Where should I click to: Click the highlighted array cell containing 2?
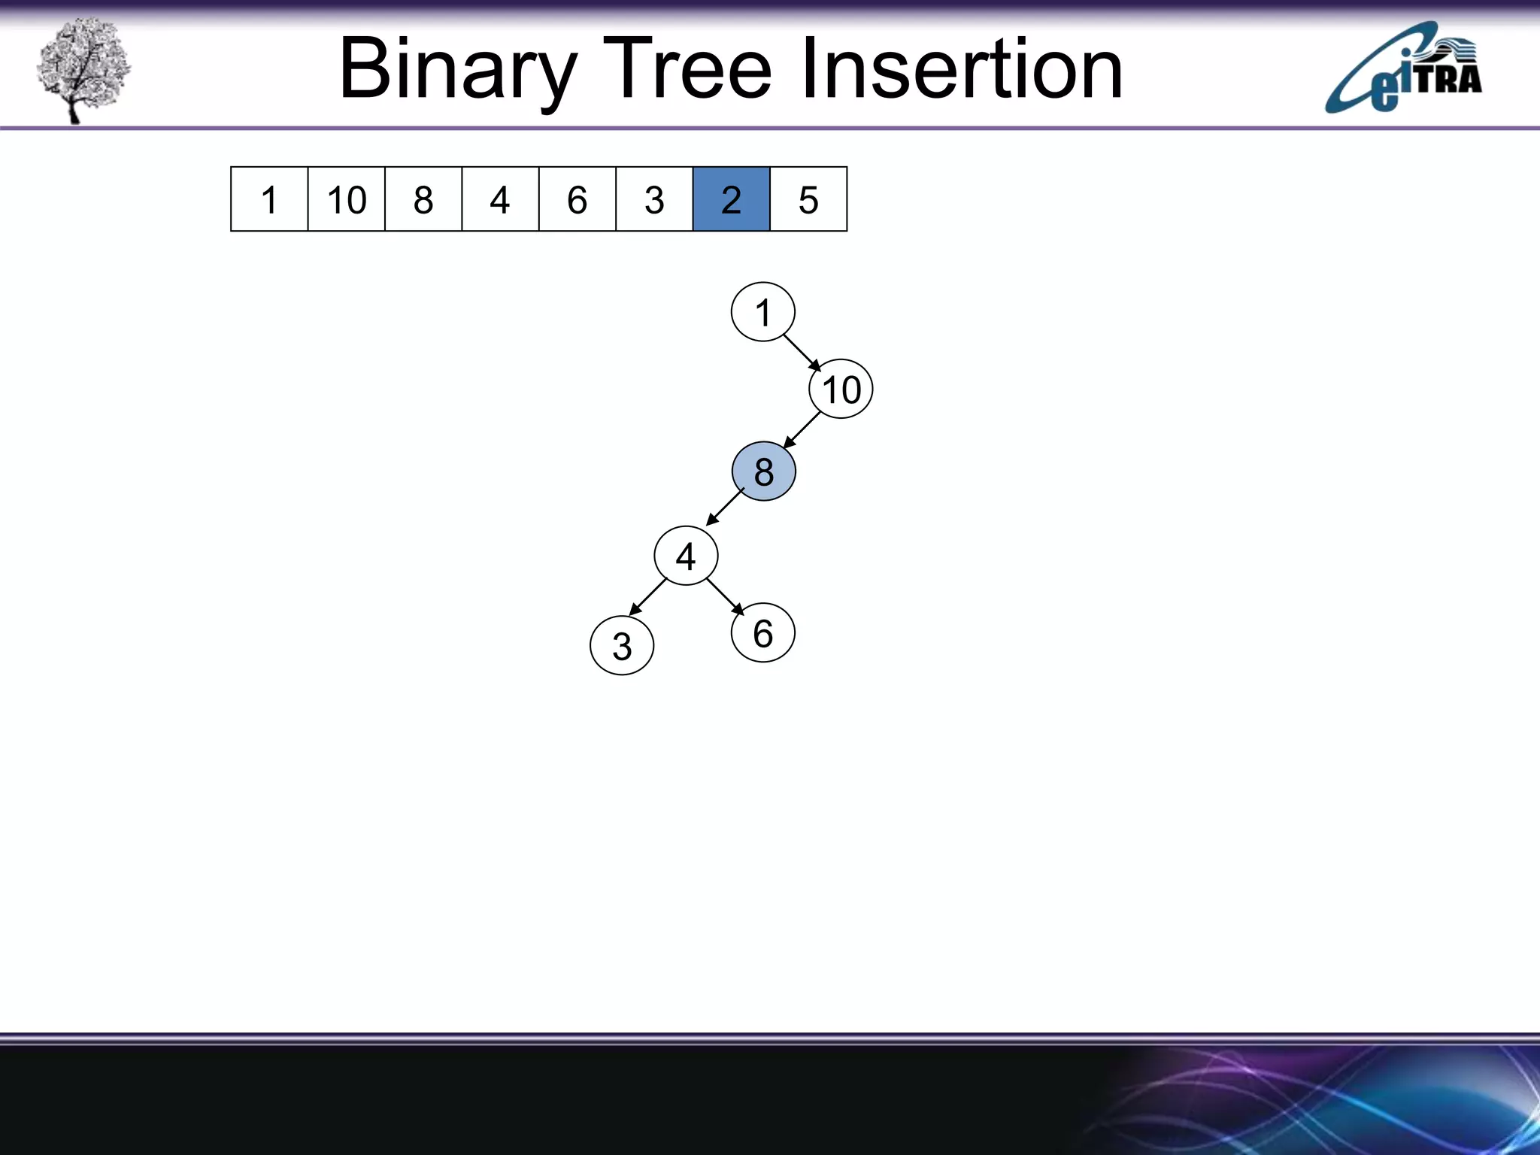[731, 199]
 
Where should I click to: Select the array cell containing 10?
[346, 199]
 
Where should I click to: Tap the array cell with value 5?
[808, 199]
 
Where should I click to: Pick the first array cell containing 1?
[269, 199]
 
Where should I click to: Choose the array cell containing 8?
[423, 199]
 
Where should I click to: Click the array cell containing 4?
[500, 199]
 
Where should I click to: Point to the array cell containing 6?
[577, 199]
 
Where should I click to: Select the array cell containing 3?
[654, 199]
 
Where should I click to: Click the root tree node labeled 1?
[762, 312]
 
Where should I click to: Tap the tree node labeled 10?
[841, 390]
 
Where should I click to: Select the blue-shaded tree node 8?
[763, 471]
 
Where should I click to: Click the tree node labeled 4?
[686, 556]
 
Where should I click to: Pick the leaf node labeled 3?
[622, 646]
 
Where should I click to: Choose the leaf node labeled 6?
[762, 633]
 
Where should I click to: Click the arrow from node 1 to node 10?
[802, 353]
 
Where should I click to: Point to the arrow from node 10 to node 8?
[802, 430]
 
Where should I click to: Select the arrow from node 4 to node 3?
[647, 597]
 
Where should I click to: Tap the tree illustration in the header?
[83, 69]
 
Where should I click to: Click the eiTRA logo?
[1403, 69]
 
